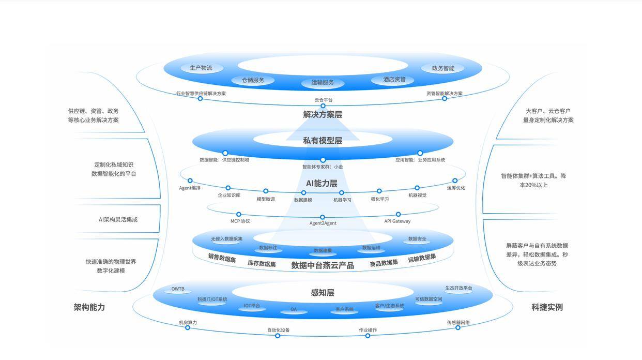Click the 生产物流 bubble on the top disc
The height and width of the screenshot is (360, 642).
pos(201,68)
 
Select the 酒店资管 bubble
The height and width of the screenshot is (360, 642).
pos(394,80)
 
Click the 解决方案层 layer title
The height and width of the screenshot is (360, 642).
pos(323,114)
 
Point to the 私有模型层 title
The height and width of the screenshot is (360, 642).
pos(323,140)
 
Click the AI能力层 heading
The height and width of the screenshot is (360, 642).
pos(322,183)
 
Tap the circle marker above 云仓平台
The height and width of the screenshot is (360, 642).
pos(323,106)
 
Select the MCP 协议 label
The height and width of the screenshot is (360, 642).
pos(240,221)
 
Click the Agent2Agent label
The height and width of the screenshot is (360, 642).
pos(323,223)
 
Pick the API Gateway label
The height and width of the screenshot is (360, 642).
pos(398,221)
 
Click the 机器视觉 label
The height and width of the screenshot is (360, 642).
pos(417,195)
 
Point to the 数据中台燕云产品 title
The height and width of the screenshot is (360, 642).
pos(323,265)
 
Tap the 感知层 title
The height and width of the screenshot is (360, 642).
pos(323,293)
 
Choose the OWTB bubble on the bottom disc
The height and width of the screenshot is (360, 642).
pos(178,289)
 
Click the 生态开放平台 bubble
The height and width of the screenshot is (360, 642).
pos(458,288)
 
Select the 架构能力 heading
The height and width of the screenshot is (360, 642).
pos(89,307)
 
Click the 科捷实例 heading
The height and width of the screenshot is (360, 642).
pos(547,307)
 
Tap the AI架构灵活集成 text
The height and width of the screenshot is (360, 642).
pos(118,219)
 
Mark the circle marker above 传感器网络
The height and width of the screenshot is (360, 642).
pos(458,327)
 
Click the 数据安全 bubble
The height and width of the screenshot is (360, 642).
pos(417,239)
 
